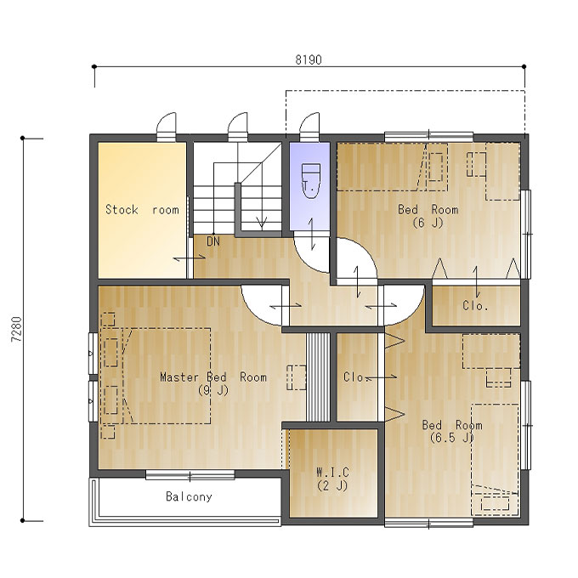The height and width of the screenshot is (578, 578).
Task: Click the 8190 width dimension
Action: coord(309,59)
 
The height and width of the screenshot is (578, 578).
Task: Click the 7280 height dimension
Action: coord(17,330)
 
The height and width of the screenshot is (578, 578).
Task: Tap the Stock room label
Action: coord(142,210)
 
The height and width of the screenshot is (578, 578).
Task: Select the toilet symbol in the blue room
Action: coord(311,181)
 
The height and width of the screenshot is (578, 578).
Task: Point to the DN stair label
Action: coord(213,241)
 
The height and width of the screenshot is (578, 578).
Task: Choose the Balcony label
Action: coord(189,497)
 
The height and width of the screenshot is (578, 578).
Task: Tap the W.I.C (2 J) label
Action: coord(332,479)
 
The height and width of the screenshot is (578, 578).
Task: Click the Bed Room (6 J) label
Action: coord(428,216)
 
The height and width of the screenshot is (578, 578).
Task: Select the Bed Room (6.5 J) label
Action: coord(452,431)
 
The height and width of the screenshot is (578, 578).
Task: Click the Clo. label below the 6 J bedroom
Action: coord(475,306)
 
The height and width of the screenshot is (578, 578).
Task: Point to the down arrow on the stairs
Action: coord(262,223)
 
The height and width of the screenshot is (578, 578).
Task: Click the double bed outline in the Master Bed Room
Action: coord(167,376)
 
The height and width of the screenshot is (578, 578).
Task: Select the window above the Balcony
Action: coord(190,475)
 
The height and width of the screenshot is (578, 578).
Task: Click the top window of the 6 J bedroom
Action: coord(428,136)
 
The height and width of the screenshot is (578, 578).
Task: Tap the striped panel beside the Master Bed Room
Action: coord(318,377)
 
